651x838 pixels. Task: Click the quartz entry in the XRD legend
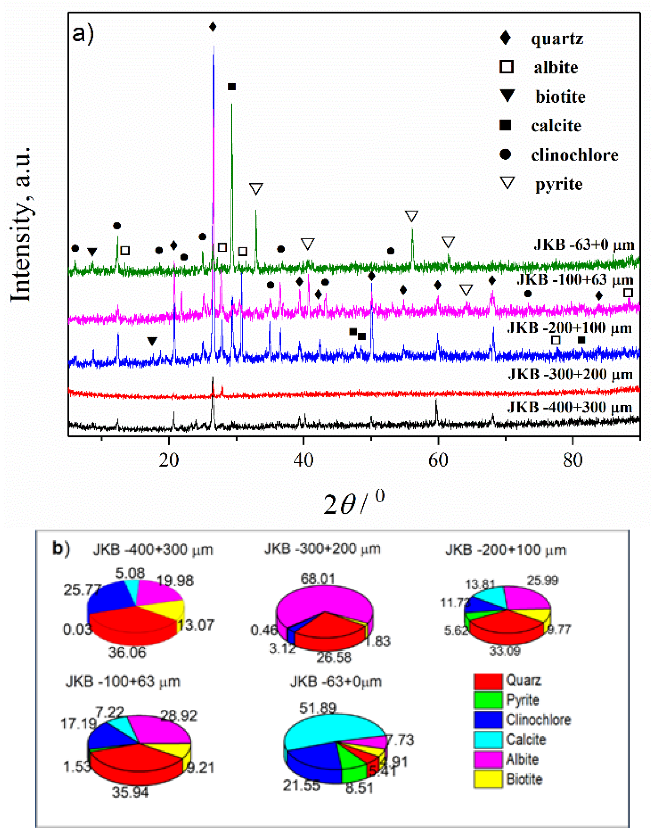pyautogui.click(x=556, y=38)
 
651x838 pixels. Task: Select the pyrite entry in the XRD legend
pyautogui.click(x=558, y=184)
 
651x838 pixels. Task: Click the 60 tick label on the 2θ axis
pyautogui.click(x=438, y=460)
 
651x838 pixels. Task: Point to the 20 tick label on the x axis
pyautogui.click(x=169, y=460)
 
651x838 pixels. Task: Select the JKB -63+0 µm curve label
pyautogui.click(x=584, y=245)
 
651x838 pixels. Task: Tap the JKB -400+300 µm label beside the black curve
pyautogui.click(x=570, y=407)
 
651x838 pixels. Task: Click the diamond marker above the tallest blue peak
pyautogui.click(x=213, y=27)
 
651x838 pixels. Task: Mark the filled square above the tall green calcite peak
pyautogui.click(x=232, y=87)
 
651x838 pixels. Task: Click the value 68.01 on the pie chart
pyautogui.click(x=318, y=578)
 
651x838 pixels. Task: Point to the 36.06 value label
pyautogui.click(x=127, y=652)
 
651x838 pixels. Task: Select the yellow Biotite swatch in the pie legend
pyautogui.click(x=488, y=779)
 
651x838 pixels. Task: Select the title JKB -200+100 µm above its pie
pyautogui.click(x=506, y=550)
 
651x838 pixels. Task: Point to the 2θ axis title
pyautogui.click(x=353, y=503)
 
